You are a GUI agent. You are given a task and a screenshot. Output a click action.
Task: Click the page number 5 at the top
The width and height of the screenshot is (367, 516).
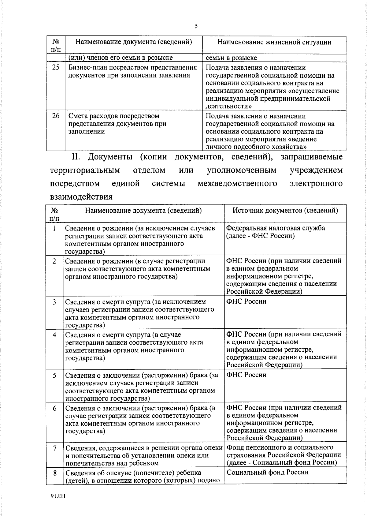196,26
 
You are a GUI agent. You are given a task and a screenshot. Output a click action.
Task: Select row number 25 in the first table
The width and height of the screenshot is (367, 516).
56,67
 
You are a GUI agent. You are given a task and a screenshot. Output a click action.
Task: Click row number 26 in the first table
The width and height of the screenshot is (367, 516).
56,116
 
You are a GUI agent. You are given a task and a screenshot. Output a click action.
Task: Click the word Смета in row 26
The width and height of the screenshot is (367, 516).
77,116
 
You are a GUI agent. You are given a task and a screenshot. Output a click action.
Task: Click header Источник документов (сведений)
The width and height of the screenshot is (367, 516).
285,210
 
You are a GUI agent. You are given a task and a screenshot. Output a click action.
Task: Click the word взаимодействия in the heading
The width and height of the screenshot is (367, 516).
81,196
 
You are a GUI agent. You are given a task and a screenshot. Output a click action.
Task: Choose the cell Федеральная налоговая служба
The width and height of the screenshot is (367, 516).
275,228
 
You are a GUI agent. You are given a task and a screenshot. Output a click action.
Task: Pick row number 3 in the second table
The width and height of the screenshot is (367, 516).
54,302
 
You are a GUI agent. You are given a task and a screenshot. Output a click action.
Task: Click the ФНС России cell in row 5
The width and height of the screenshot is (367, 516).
246,375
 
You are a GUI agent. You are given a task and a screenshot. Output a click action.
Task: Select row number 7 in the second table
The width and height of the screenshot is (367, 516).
55,448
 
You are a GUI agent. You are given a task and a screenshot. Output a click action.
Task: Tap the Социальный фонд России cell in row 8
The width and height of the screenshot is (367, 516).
268,472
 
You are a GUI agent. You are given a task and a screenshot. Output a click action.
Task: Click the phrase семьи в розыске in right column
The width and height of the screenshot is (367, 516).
231,58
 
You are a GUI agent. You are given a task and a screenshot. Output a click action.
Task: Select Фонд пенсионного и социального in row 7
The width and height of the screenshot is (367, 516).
280,447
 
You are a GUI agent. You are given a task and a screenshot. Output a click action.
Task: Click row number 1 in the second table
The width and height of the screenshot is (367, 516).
54,228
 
